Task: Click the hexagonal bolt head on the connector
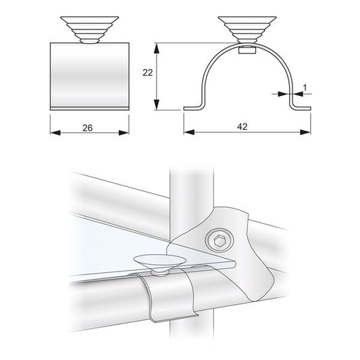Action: coord(220,241)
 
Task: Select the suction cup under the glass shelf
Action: coord(159,261)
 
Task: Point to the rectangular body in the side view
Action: coord(89,74)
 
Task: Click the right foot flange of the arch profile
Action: coord(300,107)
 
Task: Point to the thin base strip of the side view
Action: coord(89,107)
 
